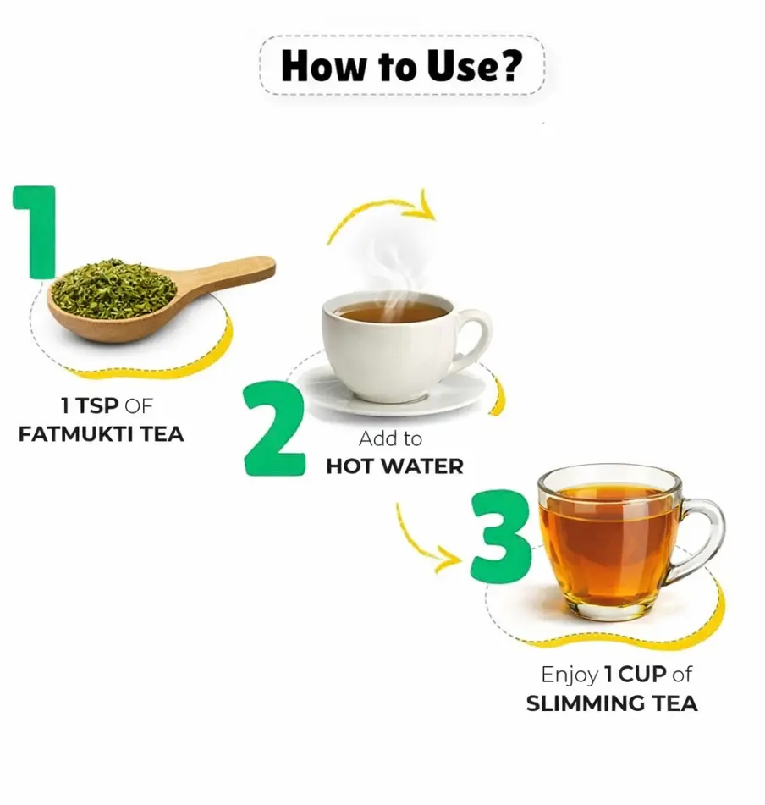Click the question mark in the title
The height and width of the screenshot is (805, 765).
click(509, 66)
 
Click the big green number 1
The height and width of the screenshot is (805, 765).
click(36, 232)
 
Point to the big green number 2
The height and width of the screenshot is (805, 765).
click(275, 427)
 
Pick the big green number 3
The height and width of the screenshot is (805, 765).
click(501, 537)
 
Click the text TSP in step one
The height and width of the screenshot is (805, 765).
click(97, 406)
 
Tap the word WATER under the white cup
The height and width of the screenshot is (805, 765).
click(423, 466)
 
